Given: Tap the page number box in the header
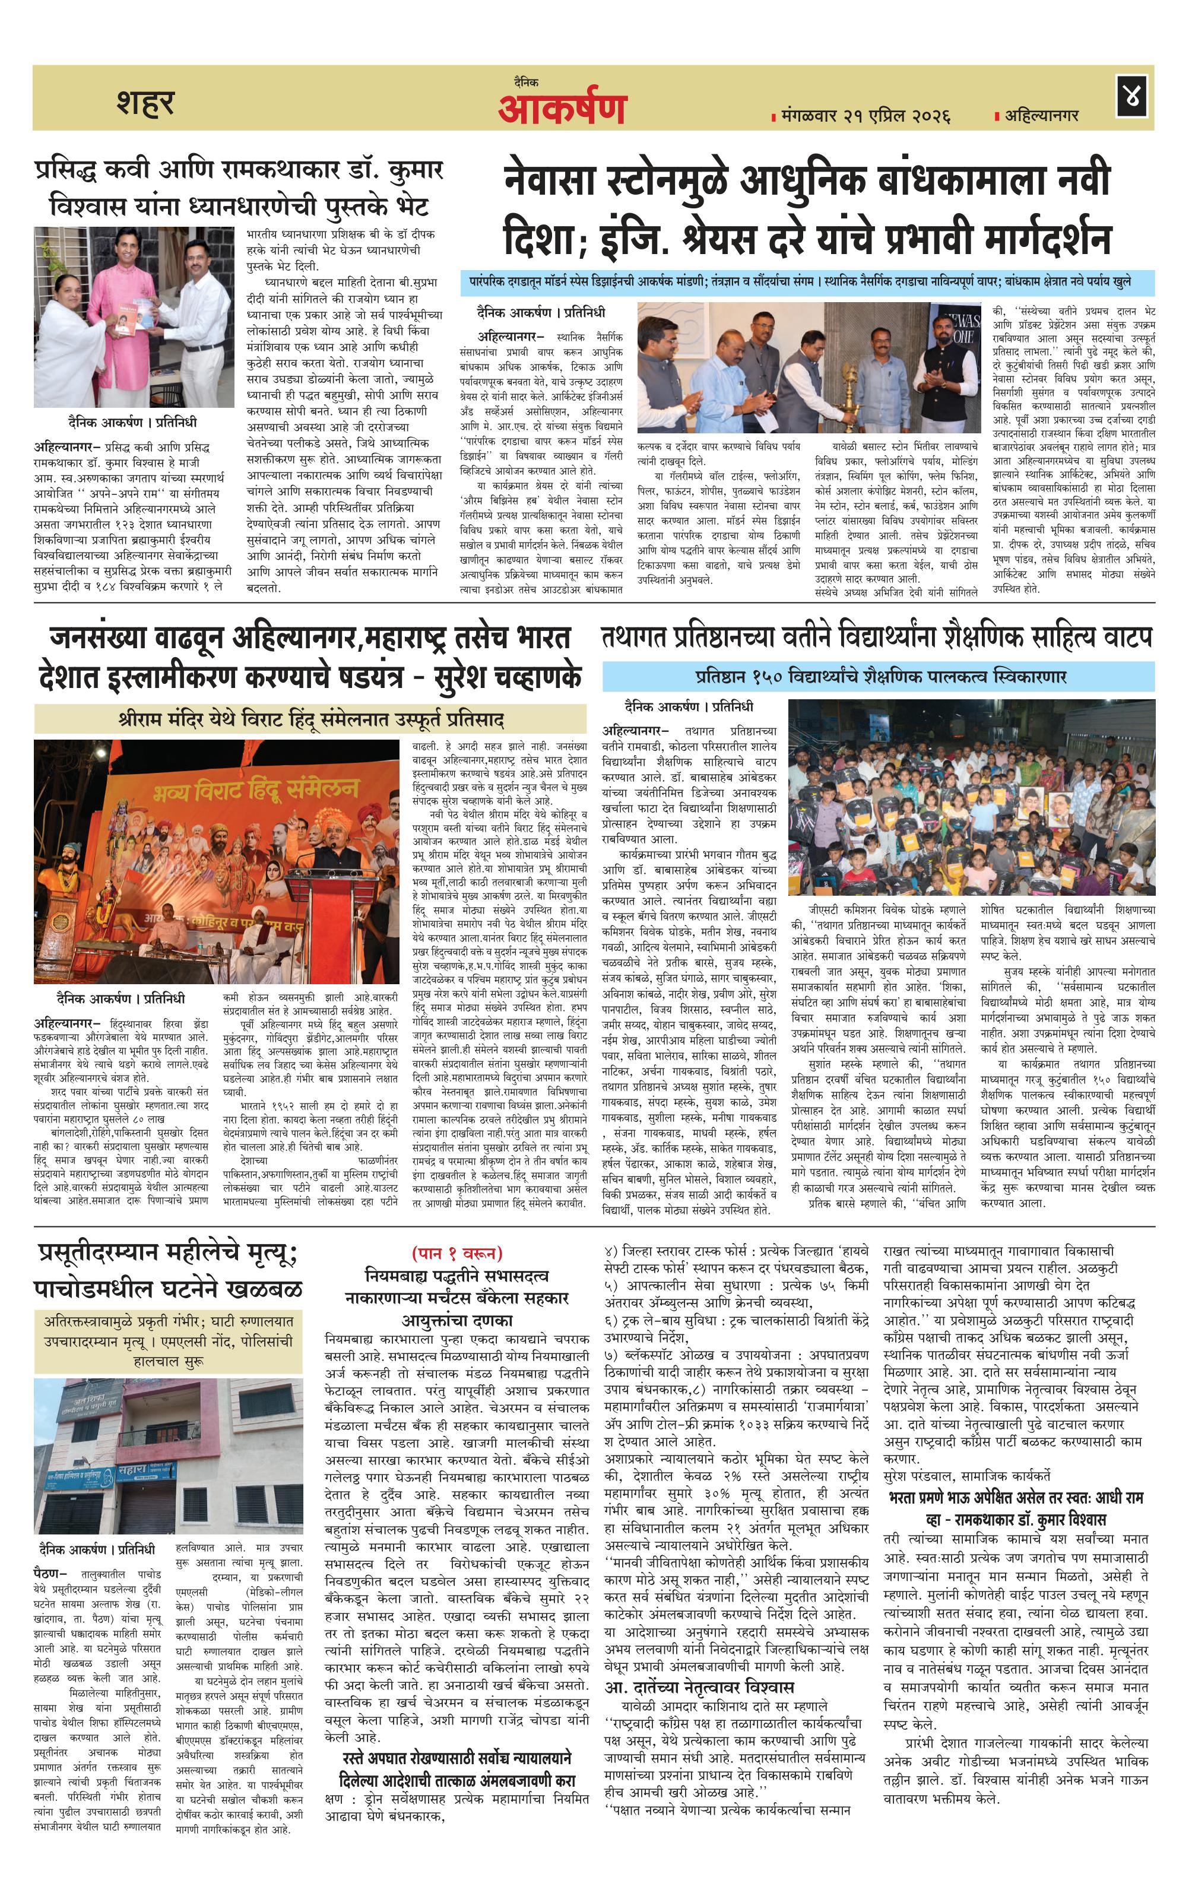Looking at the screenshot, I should pos(1132,97).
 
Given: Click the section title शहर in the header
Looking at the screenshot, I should pos(145,102).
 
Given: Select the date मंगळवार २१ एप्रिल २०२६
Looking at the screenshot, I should pos(865,116).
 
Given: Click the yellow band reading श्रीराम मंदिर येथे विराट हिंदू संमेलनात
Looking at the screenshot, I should pos(310,718).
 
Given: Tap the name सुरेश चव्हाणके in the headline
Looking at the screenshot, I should pos(507,676).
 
